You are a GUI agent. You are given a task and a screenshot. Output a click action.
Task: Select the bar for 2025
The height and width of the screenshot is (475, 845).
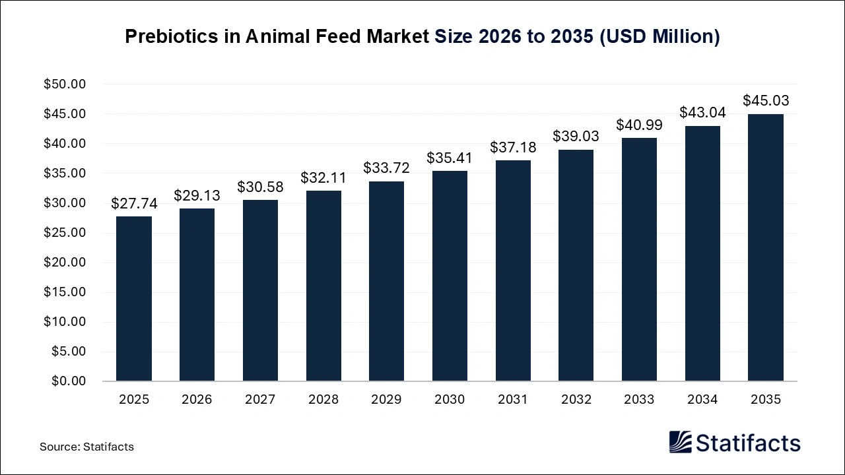coord(133,299)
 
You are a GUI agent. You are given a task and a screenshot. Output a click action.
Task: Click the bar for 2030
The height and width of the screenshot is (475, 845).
coord(450,276)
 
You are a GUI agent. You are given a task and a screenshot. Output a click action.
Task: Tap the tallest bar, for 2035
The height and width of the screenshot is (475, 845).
coord(766,247)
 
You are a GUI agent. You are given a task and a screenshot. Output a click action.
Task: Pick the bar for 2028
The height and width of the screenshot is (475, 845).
coord(323,286)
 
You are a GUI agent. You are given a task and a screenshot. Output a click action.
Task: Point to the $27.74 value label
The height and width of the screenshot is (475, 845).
coord(134,204)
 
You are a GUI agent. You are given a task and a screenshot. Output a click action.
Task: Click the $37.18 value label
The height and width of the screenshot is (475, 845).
coord(513,148)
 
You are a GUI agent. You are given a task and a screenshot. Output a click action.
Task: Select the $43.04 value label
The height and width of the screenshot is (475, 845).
coord(702,113)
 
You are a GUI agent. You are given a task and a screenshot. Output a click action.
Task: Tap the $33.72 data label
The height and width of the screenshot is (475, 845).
coord(386,168)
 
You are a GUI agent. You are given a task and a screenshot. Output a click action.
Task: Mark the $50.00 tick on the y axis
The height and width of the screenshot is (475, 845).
coord(65,84)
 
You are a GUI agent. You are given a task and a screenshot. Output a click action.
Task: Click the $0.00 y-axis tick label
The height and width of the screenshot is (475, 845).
coord(68,381)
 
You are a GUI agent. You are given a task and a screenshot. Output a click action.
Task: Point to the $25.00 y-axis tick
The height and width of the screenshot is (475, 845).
coord(65,233)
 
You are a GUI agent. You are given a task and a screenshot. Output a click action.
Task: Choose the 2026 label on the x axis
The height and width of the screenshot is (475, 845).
coord(197,400)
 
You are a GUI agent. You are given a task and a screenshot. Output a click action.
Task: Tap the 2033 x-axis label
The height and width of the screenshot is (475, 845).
coord(639,400)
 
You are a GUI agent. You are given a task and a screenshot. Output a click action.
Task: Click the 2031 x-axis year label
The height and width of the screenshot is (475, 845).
coord(513,400)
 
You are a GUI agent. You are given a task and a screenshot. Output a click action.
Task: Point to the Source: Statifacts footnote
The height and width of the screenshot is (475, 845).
coord(86,447)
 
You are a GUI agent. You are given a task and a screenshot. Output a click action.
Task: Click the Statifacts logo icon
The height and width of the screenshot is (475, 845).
coord(681,442)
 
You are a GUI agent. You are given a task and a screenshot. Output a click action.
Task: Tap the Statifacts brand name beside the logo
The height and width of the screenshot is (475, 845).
coord(748,443)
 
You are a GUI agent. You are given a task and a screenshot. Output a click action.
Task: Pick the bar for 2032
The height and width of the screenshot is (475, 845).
coord(576,265)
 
